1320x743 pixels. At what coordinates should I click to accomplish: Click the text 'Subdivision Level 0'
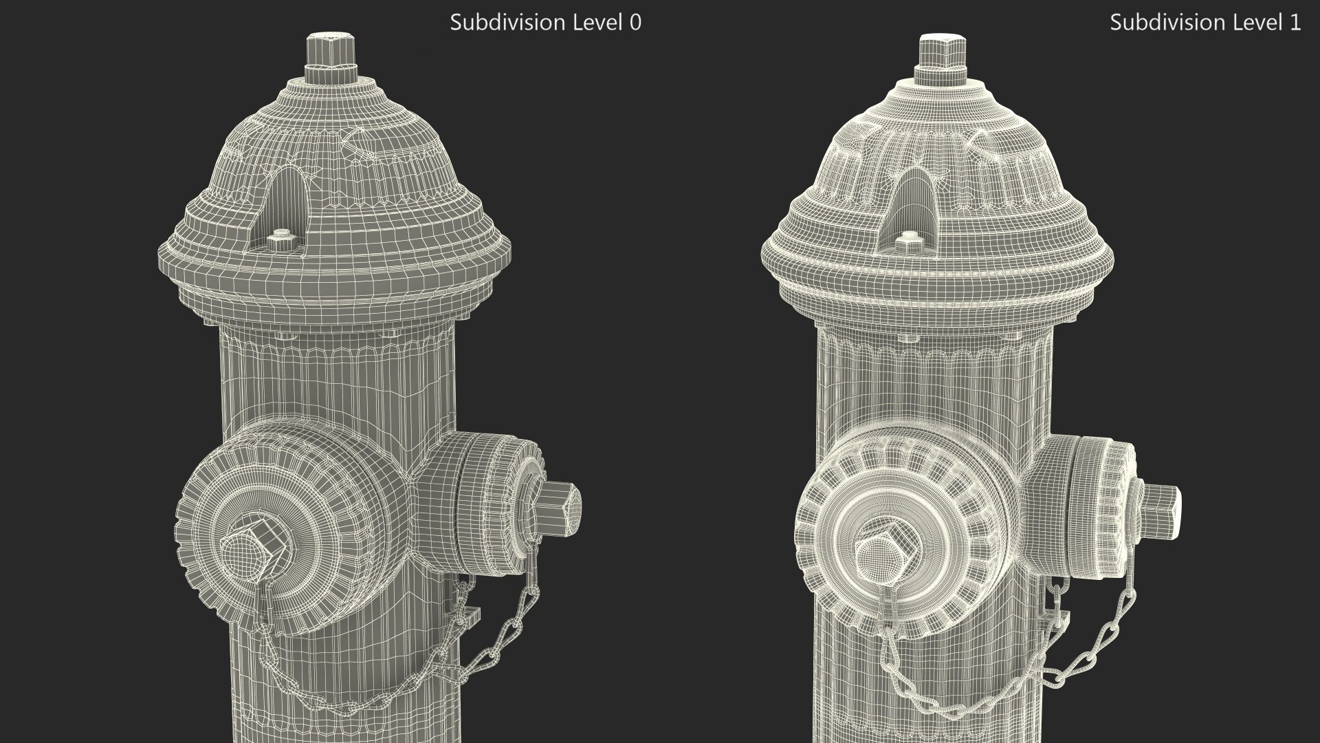point(545,23)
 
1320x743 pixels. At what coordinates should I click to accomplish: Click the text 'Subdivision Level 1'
point(1205,23)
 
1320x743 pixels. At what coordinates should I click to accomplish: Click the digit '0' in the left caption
point(635,23)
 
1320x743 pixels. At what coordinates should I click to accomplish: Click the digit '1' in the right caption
point(1295,23)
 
